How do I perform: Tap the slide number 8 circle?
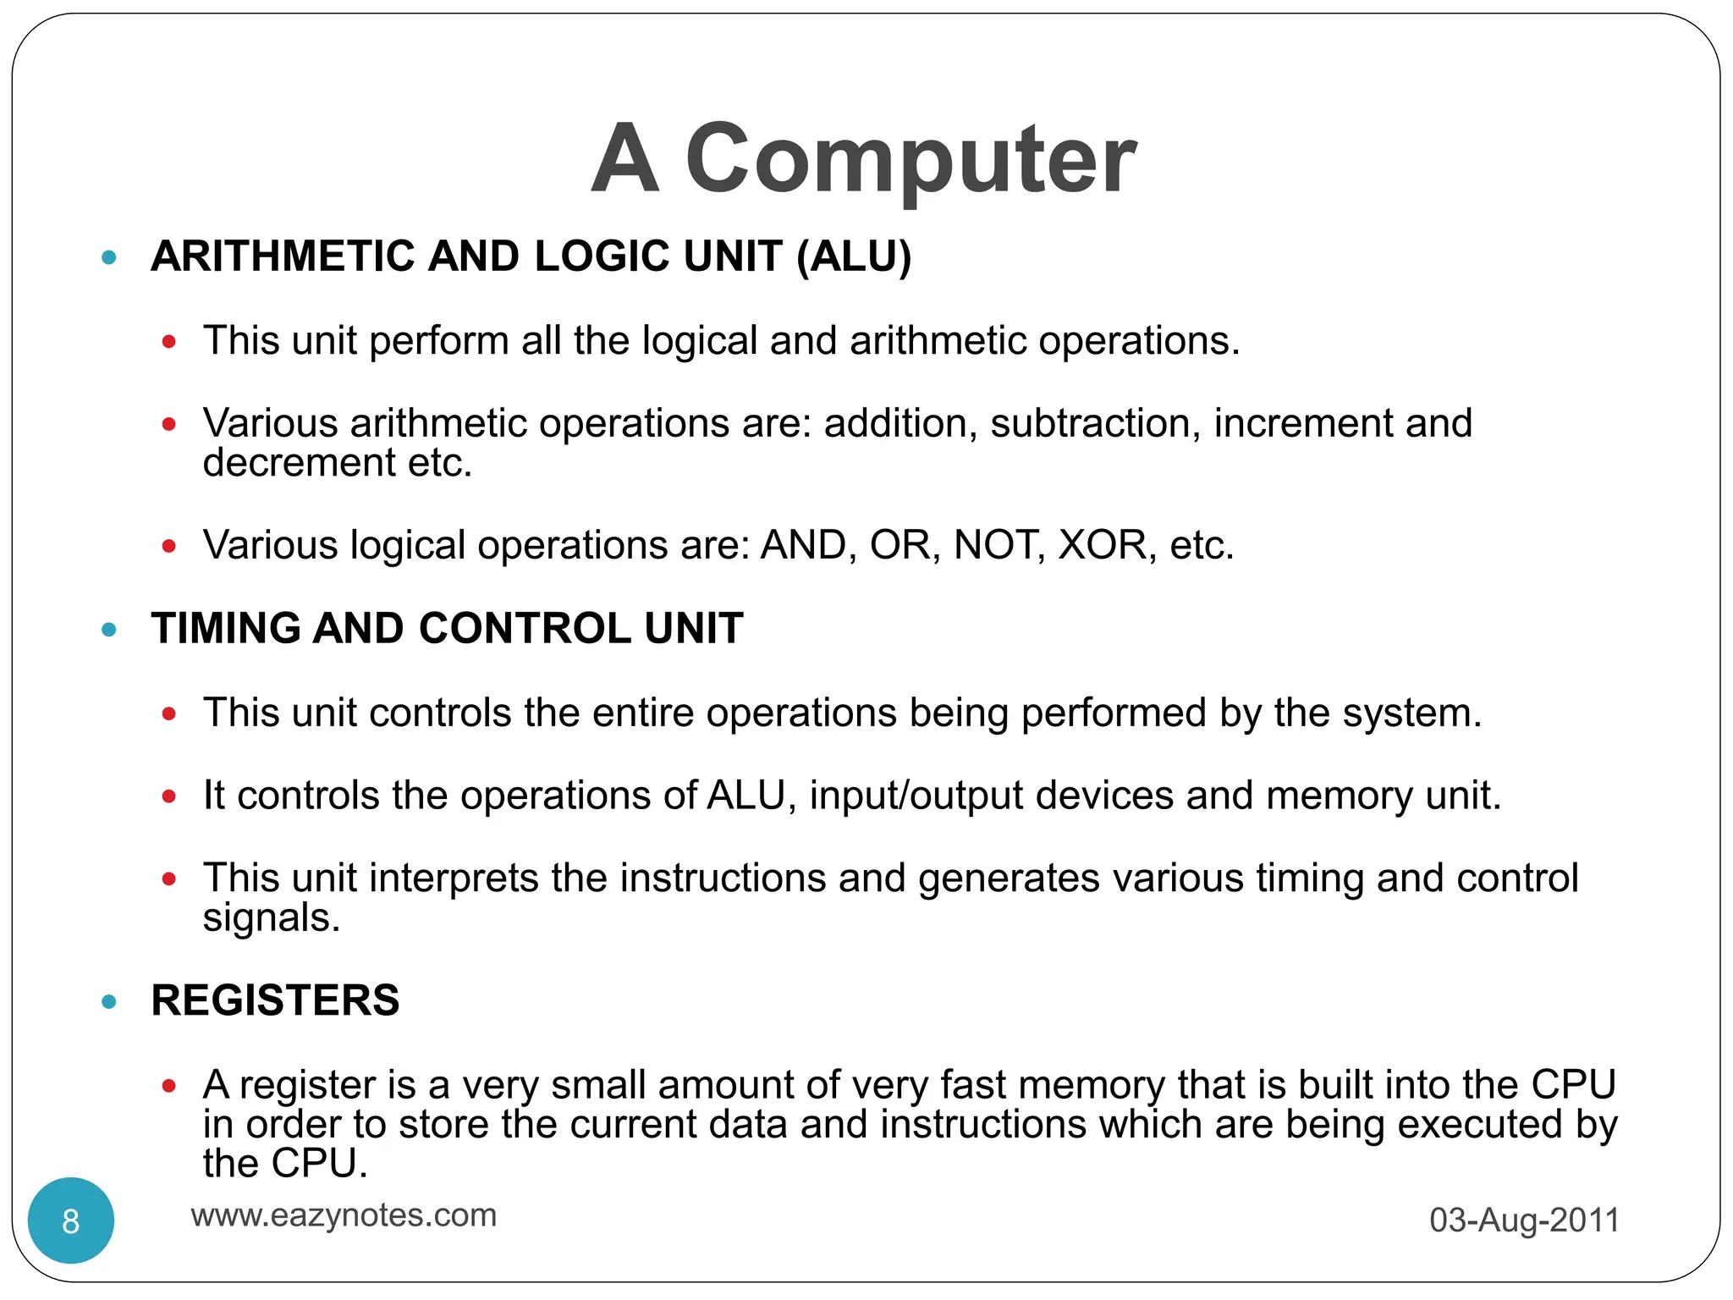pos(71,1220)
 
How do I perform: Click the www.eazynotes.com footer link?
pos(344,1215)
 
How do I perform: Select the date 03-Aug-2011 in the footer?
pos(1524,1220)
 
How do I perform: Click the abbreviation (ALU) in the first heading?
pos(854,256)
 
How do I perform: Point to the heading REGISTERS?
pos(275,1000)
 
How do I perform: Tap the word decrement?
pos(299,463)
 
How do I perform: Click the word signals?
pos(271,918)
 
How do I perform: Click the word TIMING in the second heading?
pos(225,629)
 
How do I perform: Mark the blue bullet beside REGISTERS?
pos(108,1002)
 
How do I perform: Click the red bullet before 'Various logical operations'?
pos(169,547)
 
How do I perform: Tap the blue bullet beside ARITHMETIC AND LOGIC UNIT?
pos(108,257)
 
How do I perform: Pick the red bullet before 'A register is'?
pos(169,1086)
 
